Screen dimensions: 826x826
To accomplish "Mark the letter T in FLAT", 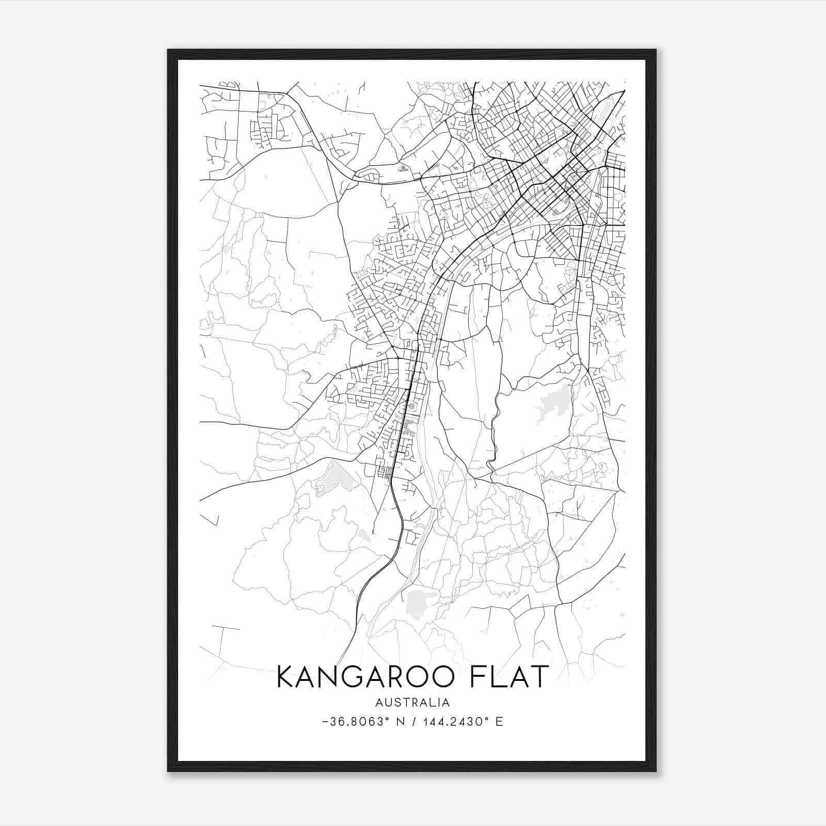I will [x=537, y=677].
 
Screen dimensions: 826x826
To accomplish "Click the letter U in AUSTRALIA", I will [x=388, y=703].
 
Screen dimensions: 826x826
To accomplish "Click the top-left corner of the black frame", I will [x=168, y=50].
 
